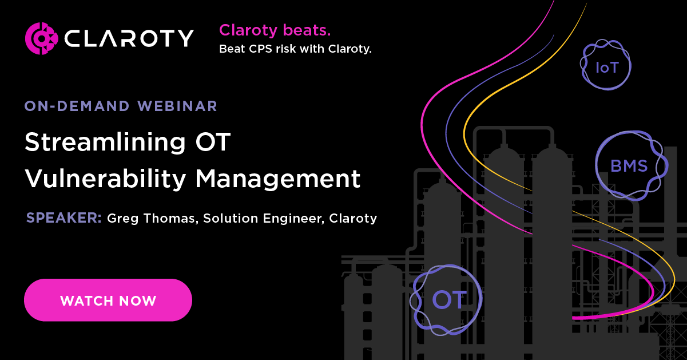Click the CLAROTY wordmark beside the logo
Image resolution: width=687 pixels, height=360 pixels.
click(129, 38)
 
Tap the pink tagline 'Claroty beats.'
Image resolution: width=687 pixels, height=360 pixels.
click(275, 30)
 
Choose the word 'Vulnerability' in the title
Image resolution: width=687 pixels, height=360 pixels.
click(105, 179)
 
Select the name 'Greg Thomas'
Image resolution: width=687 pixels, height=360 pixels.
click(151, 218)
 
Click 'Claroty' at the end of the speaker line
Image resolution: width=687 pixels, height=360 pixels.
click(353, 218)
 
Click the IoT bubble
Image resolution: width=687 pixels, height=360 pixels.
click(607, 67)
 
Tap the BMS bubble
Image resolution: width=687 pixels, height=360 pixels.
click(629, 166)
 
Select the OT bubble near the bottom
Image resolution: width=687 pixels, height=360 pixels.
click(449, 299)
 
